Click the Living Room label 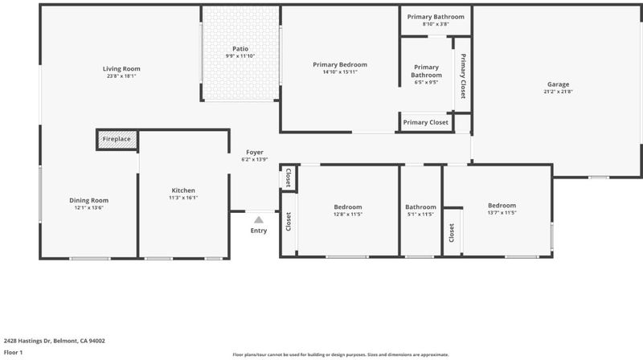121,69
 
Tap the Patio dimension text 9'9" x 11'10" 240,56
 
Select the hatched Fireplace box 117,139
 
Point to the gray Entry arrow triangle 259,219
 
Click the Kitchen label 183,190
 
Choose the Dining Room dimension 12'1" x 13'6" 88,207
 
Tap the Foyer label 255,152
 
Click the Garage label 558,84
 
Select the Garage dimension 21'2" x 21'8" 558,92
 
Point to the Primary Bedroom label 340,65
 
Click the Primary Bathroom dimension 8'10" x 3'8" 436,24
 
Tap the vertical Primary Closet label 463,76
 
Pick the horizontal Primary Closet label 426,122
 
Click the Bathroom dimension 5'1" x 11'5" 420,215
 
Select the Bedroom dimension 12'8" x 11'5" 348,215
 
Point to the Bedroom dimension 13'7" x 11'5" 502,213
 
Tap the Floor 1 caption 13,352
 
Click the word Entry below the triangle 259,231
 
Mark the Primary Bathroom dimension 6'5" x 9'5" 427,83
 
